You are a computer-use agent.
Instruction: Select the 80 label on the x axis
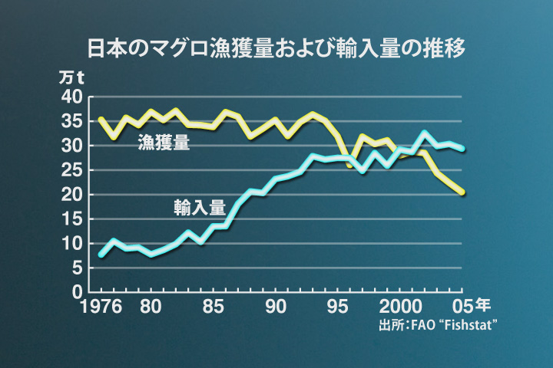151,308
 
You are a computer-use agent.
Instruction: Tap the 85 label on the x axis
214,308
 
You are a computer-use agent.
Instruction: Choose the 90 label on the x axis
275,308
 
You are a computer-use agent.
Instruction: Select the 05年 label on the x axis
467,308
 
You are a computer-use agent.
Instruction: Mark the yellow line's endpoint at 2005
462,192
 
